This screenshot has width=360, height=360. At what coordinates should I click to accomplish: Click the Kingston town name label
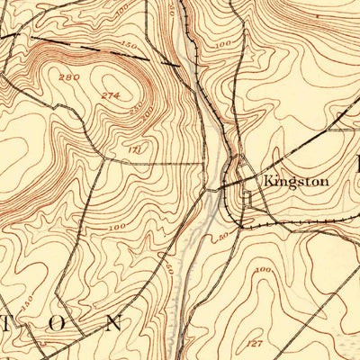coord(296,181)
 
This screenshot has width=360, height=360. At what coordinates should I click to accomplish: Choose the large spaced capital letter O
coord(60,323)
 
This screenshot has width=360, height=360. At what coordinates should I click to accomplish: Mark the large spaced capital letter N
coord(113,321)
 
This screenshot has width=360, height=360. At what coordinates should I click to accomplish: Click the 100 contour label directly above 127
coord(264,269)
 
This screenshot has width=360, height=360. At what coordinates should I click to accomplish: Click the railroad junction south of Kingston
coord(243,216)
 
